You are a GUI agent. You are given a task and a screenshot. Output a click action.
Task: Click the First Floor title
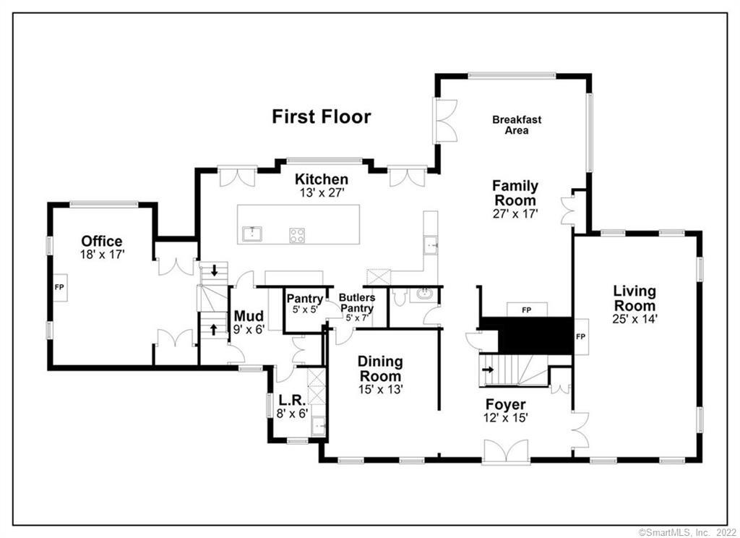[x=321, y=116]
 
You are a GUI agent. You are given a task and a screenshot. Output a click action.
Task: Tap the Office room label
[x=101, y=242]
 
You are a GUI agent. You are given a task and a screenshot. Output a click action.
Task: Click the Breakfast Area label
[x=517, y=125]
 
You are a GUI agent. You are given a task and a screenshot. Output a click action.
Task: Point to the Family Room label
[x=515, y=193]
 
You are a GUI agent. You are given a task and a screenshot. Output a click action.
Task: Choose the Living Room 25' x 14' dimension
[x=634, y=317]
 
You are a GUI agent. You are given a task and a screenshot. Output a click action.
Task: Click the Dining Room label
[x=380, y=369]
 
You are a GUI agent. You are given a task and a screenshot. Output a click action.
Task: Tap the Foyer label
[x=506, y=404]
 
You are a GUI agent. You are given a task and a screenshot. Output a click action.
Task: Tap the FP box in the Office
[x=59, y=287]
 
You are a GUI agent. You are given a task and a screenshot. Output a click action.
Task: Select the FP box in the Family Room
[x=526, y=309]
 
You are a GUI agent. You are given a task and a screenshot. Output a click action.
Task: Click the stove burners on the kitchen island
[x=297, y=234]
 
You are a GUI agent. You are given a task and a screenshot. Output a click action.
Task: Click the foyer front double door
[x=506, y=453]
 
